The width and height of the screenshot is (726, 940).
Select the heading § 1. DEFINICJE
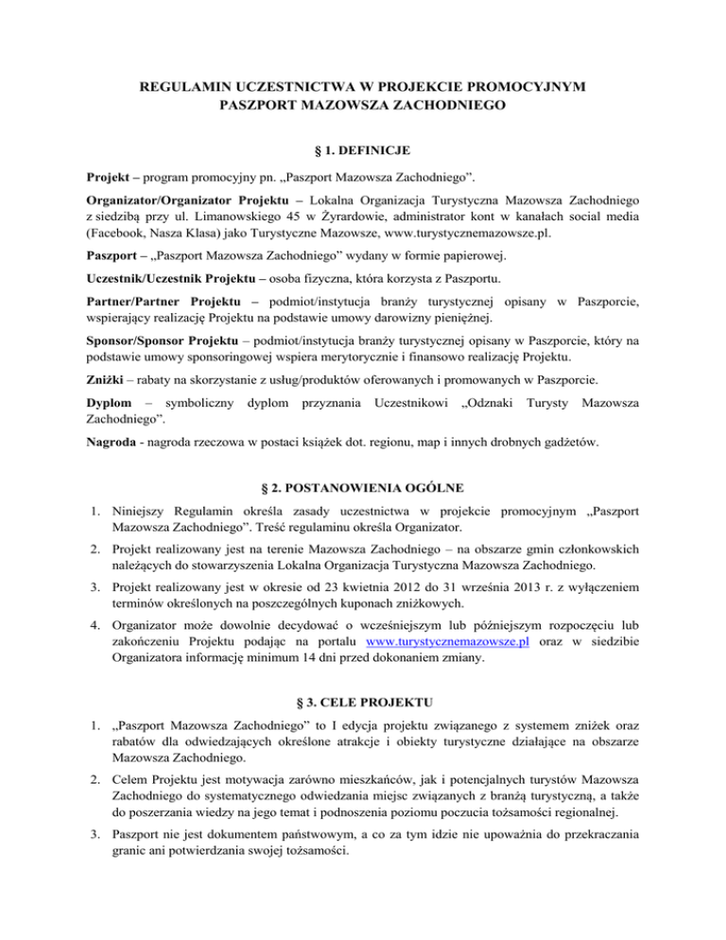tap(363, 150)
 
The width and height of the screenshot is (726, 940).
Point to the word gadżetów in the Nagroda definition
tap(576, 467)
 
